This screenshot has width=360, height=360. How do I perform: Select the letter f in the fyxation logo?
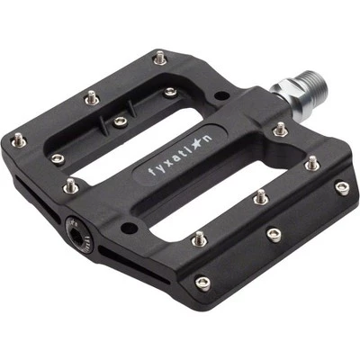point(151,172)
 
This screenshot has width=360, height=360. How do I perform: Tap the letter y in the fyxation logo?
point(161,166)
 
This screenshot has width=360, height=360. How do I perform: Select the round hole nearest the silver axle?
point(222,96)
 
